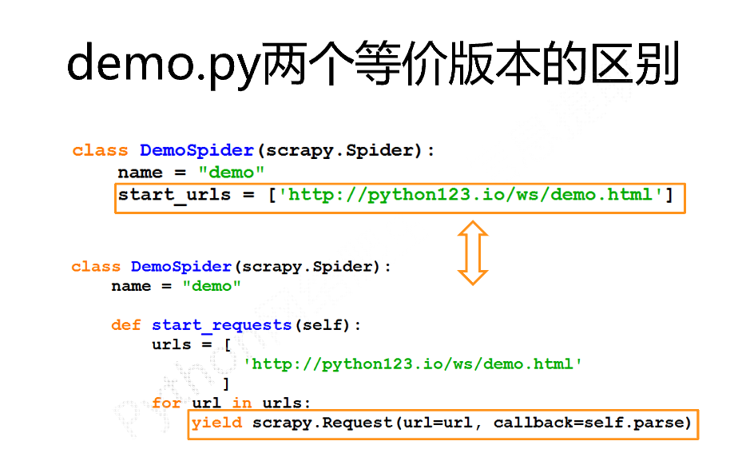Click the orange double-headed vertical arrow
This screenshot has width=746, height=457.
(472, 252)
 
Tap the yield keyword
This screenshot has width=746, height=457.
(216, 423)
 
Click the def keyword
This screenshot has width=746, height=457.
(125, 325)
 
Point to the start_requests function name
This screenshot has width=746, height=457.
(222, 325)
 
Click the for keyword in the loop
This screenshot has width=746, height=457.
(166, 403)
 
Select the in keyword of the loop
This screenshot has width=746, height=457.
(242, 403)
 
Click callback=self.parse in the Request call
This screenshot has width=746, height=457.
(592, 423)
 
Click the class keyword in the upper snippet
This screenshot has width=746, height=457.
(100, 150)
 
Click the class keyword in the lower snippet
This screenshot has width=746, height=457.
(96, 267)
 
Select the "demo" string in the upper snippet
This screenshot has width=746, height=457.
(232, 173)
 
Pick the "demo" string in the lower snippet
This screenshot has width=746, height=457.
(212, 286)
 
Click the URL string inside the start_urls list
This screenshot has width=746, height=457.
(470, 194)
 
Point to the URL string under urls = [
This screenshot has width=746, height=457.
(413, 364)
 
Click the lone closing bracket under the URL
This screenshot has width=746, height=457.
(226, 383)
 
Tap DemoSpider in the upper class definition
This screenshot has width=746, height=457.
(196, 150)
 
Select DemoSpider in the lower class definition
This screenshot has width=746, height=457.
(181, 267)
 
